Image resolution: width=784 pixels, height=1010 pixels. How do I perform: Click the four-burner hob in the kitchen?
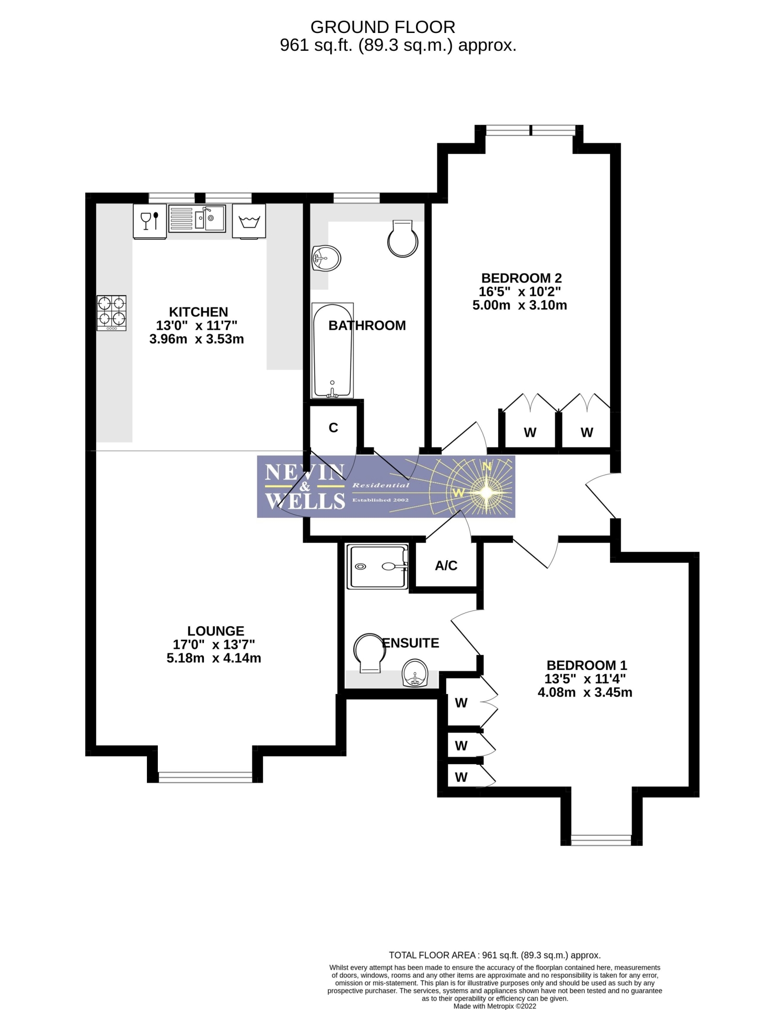point(111,313)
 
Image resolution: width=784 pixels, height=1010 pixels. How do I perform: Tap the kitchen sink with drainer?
point(197,218)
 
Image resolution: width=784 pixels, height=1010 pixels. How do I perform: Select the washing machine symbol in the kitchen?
point(249,221)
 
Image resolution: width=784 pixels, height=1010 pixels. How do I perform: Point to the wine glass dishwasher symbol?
point(150,221)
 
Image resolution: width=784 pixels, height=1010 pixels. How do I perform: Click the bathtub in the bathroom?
point(332,350)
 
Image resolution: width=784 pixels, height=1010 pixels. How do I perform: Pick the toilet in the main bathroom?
point(402,238)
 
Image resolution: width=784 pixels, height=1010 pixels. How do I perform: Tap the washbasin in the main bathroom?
point(326,258)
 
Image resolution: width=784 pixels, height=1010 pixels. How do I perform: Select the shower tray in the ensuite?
point(377,566)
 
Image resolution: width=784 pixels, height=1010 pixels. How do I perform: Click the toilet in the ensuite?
point(368,652)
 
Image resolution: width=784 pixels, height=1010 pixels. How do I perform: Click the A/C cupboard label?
point(446,565)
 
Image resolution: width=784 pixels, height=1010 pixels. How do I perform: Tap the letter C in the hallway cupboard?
point(333,428)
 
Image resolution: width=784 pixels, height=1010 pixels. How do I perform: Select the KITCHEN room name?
point(199,312)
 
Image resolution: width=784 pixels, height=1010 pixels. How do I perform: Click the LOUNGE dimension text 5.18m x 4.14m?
point(214,658)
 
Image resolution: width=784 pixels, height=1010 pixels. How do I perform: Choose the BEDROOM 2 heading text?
point(522,278)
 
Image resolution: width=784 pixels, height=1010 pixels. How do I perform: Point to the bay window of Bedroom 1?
point(601,839)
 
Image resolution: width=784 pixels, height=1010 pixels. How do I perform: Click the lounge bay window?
point(205,777)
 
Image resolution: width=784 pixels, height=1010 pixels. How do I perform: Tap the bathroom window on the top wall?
point(356,198)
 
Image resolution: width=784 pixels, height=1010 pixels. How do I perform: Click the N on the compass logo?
point(487,467)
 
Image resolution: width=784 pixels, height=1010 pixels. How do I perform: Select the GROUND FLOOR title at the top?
point(383,27)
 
